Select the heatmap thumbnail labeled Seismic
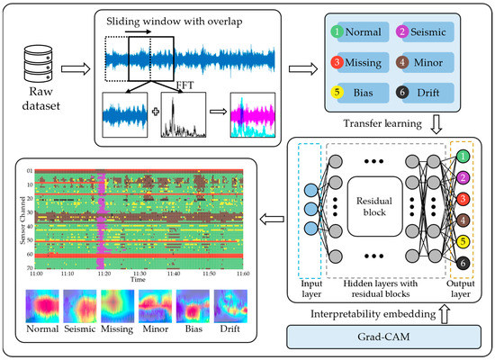(79, 307)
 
